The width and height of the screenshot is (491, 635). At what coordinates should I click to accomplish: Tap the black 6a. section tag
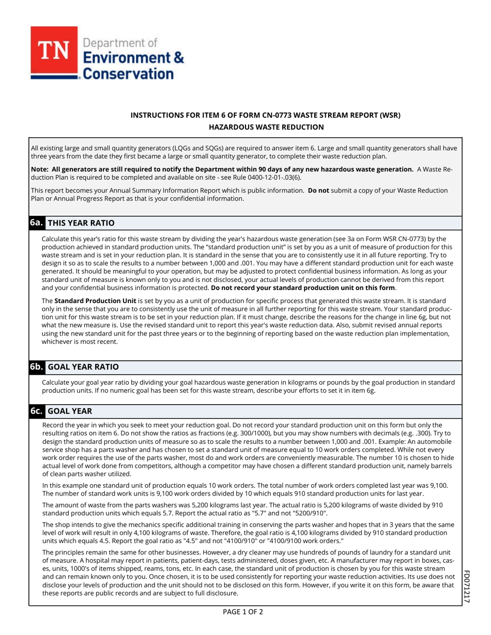tap(36, 223)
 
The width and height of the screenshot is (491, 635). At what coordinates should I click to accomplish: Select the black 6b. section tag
tap(36, 367)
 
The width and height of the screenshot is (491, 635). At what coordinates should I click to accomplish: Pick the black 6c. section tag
tap(36, 411)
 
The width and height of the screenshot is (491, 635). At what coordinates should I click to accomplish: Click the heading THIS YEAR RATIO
tap(81, 223)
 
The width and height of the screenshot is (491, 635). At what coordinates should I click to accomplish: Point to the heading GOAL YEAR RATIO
tap(83, 367)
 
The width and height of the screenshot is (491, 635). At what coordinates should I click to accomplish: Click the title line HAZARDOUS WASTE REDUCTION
tap(266, 127)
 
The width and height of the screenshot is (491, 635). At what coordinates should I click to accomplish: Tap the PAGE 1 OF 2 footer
tap(243, 612)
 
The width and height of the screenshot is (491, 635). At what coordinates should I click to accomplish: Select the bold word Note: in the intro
tap(41, 169)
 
